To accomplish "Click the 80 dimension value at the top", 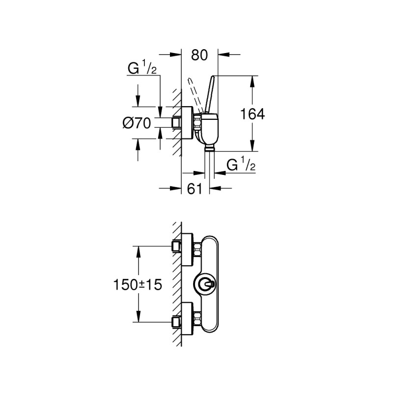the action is coord(199,55).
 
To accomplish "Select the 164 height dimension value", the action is coord(253,114).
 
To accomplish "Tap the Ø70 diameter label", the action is coord(137,123).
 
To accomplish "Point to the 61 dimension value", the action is coord(195,189).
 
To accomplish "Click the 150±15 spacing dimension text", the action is coord(138,285).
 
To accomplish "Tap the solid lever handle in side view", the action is coord(210,94).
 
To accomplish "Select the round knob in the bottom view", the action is coord(204,284).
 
